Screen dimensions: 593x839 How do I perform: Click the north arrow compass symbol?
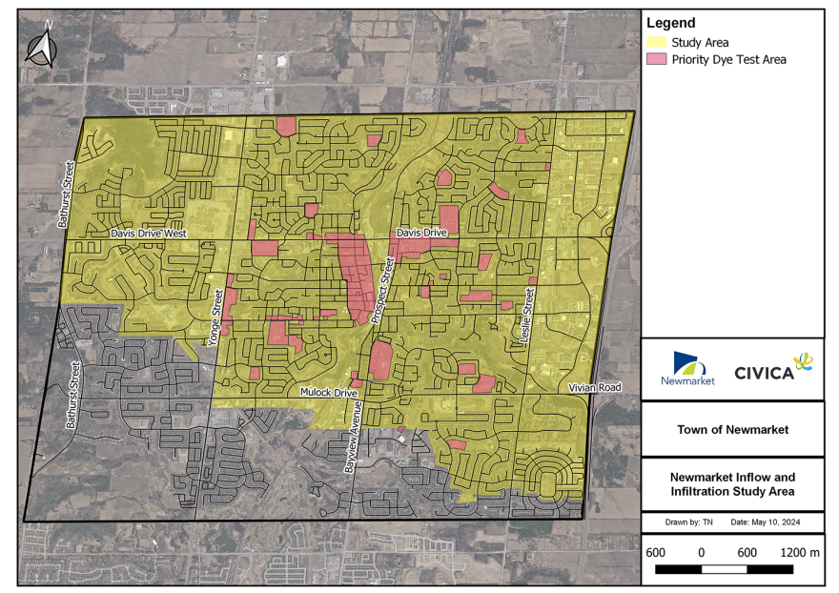40,49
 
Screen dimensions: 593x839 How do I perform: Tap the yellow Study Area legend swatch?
656,43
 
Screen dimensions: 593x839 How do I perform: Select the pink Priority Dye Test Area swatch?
656,59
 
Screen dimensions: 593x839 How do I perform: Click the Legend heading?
671,23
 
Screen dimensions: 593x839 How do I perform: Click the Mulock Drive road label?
328,392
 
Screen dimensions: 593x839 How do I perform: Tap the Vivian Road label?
594,388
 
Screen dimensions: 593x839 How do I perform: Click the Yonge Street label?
216,318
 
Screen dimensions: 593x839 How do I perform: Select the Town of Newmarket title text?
732,429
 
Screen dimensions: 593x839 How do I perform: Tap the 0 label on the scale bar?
701,552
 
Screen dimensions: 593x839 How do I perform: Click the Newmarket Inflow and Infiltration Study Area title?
732,483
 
